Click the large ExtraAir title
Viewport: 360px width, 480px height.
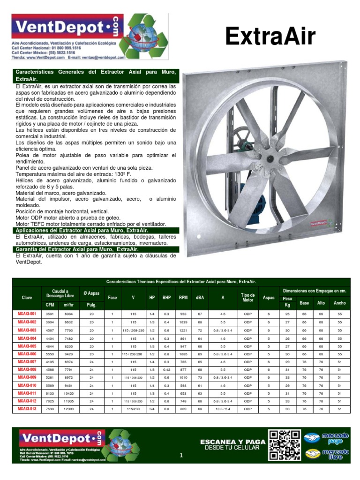270,37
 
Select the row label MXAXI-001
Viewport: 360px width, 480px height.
27,314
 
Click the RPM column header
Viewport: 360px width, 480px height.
183,297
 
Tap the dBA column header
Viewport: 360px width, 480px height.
200,297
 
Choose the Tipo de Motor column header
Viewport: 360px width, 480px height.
247,297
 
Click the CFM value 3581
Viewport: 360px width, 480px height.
50,314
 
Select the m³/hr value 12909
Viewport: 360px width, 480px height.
69,410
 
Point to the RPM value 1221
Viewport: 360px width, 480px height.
183,330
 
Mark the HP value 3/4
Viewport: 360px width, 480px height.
152,410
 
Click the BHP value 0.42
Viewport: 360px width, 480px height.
166,370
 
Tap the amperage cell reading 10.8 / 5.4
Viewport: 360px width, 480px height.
223,410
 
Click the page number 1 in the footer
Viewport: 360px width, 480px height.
181,455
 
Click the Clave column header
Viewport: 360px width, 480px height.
27,297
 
